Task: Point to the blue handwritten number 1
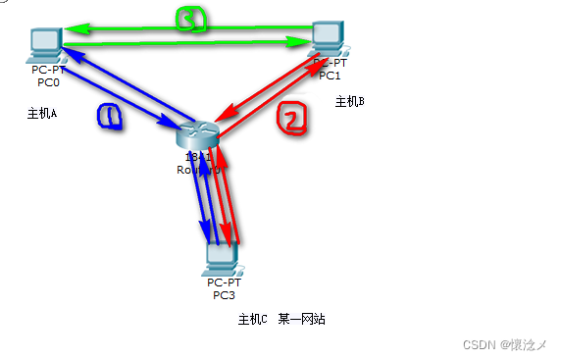click(x=111, y=117)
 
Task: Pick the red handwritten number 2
click(x=292, y=118)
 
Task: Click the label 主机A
click(x=42, y=114)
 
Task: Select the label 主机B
click(x=349, y=101)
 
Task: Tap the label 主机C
click(x=252, y=320)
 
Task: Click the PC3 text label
click(x=224, y=294)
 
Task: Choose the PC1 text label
click(x=330, y=76)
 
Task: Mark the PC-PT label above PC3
click(x=224, y=283)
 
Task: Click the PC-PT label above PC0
click(x=46, y=71)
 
